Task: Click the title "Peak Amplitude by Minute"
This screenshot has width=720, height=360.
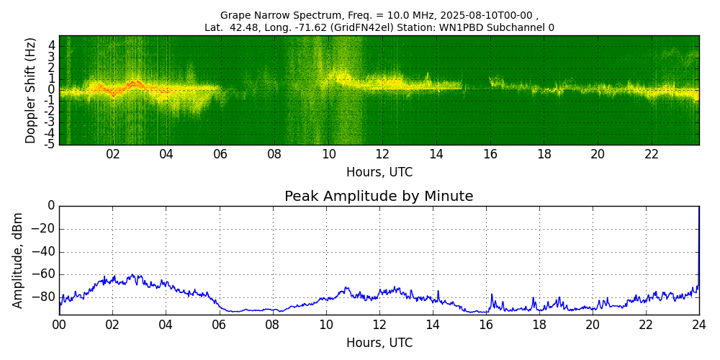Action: click(379, 197)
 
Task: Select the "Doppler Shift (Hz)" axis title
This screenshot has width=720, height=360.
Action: click(30, 91)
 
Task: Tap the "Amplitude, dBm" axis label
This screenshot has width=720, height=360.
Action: click(18, 260)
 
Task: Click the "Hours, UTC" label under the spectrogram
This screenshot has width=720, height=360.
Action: click(379, 173)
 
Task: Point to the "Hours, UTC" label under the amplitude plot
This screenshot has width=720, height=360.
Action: click(379, 343)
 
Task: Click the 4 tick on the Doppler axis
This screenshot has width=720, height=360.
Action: click(51, 45)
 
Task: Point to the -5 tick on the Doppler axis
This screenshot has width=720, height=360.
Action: click(49, 144)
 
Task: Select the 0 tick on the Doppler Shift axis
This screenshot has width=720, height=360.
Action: click(51, 90)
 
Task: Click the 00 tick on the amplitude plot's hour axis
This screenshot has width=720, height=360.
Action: click(59, 324)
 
